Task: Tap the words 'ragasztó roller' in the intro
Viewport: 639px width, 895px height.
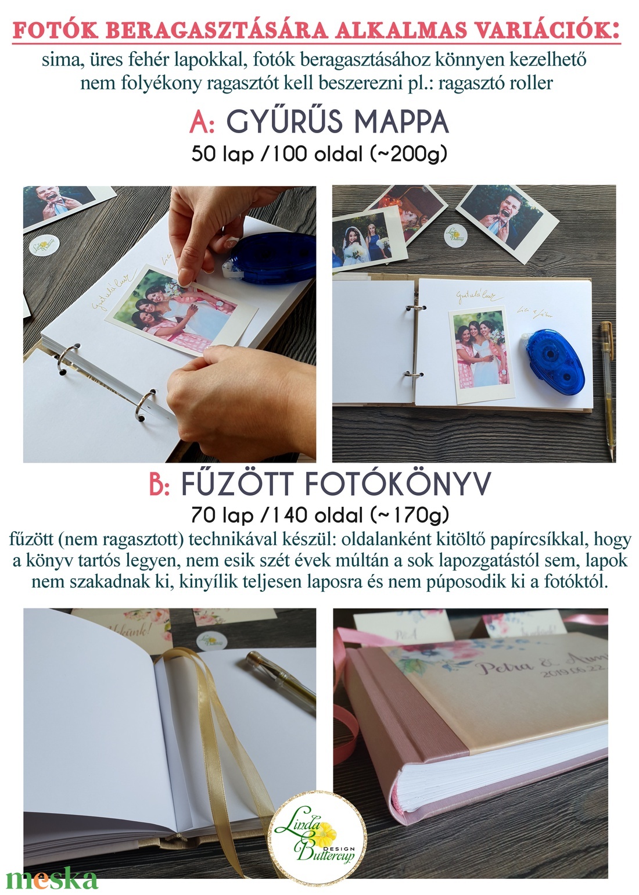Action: tap(496, 83)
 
